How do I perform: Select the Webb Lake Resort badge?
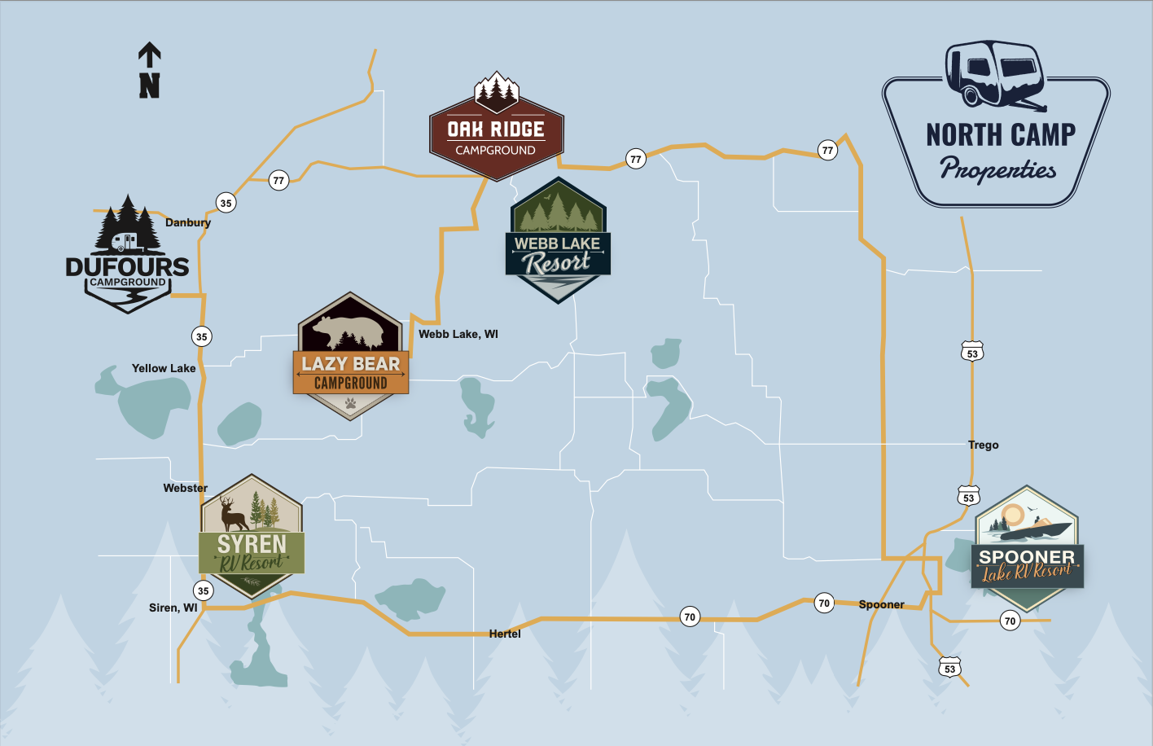click(558, 242)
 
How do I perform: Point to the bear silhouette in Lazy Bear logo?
click(350, 330)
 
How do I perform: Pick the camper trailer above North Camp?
click(994, 74)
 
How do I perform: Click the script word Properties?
click(997, 169)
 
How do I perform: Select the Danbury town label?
click(188, 222)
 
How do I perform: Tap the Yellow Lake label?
click(164, 368)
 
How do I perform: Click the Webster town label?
click(186, 488)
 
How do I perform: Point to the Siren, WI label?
click(173, 608)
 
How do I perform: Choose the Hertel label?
click(505, 634)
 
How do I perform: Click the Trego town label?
click(983, 445)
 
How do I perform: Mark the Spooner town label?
click(881, 604)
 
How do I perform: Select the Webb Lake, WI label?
click(458, 334)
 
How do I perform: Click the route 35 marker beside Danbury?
click(226, 203)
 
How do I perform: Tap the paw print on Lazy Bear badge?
click(350, 403)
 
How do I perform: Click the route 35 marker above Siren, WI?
click(203, 590)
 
